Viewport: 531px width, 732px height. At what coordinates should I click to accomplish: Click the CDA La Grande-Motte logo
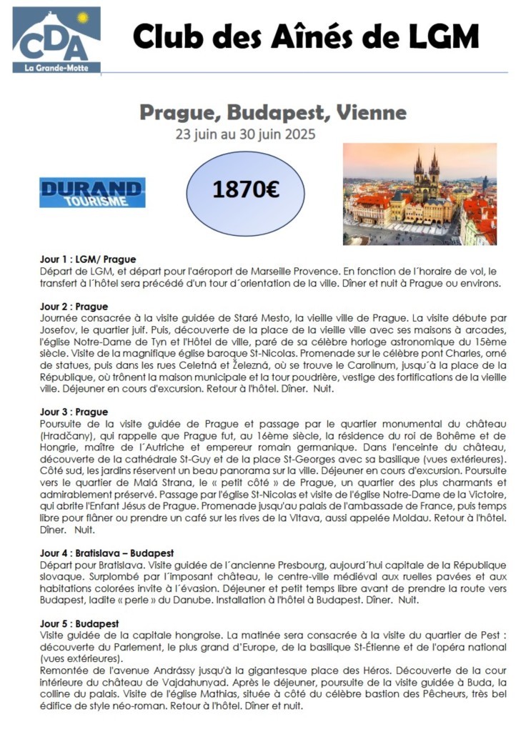click(x=56, y=40)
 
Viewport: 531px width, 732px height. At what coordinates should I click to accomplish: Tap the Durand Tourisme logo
click(x=92, y=192)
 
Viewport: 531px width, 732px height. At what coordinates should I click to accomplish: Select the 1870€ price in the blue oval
click(x=246, y=189)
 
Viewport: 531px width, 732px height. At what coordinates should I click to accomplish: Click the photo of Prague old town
click(x=419, y=194)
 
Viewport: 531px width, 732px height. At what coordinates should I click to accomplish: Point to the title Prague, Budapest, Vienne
click(x=272, y=112)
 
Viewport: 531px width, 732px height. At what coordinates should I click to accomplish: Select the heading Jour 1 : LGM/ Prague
click(x=88, y=259)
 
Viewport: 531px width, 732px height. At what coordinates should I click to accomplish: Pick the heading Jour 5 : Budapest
click(x=79, y=623)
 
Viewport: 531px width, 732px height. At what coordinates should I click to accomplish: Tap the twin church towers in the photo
click(x=427, y=172)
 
